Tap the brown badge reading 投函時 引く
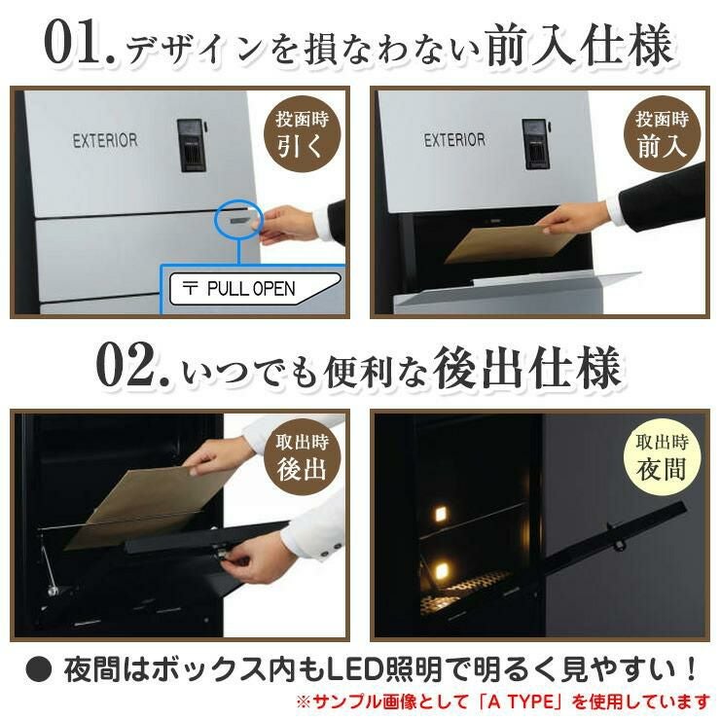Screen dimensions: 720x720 (303, 134)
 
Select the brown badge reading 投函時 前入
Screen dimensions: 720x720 (662, 134)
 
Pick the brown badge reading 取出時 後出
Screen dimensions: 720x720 (303, 457)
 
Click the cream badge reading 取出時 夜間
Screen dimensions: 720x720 (662, 457)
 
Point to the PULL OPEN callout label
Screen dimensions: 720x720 (255, 288)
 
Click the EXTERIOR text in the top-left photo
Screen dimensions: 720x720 (105, 140)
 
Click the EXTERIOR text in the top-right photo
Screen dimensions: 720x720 (454, 140)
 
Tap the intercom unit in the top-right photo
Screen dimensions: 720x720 (536, 144)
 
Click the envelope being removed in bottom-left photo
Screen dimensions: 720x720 (152, 505)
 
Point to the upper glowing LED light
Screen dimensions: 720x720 (440, 513)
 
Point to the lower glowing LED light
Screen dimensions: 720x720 (441, 572)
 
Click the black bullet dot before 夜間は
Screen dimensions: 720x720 (39, 670)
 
